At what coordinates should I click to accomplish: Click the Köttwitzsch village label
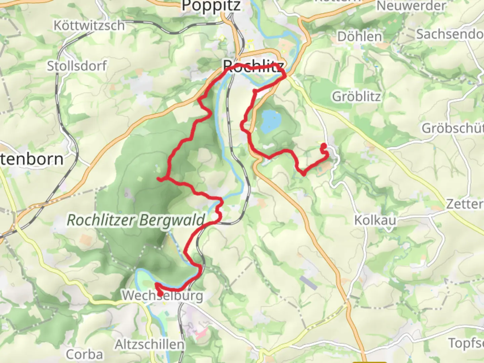89,26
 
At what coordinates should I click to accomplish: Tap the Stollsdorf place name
77,66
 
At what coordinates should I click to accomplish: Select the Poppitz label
211,6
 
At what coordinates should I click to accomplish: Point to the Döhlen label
360,37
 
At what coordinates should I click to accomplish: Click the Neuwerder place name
411,6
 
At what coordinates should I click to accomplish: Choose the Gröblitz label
357,97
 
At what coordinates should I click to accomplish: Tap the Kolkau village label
375,220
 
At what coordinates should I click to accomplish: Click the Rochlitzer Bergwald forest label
136,220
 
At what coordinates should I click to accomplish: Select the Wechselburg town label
162,296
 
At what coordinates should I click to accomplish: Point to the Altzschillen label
150,345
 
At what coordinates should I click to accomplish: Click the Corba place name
84,355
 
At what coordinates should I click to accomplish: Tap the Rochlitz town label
253,66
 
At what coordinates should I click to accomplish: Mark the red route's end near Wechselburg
161,294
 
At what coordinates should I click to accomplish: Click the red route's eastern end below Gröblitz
324,146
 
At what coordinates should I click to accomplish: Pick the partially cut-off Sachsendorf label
450,34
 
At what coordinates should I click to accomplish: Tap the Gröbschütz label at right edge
452,128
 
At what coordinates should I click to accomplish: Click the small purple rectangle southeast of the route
309,282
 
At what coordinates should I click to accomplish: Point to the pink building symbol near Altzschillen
201,333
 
